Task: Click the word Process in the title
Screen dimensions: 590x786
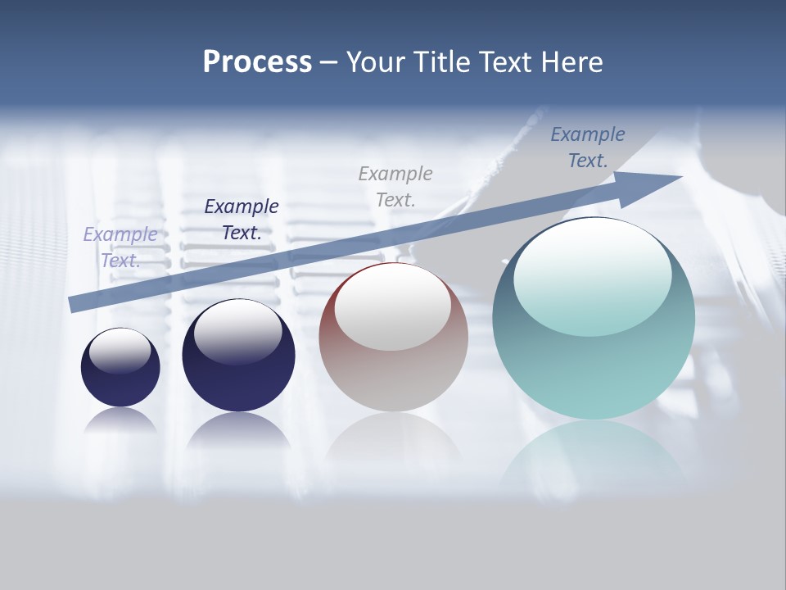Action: pos(257,62)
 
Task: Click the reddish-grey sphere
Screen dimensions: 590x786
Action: pos(393,361)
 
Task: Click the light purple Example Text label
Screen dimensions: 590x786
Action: pos(120,247)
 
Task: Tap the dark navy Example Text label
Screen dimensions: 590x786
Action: pos(242,219)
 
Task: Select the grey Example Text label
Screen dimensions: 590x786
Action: pos(395,186)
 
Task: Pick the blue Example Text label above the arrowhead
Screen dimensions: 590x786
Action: pos(588,147)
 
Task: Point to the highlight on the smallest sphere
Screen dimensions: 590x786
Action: pos(120,351)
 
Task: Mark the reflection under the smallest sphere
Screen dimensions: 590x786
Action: pos(120,421)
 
